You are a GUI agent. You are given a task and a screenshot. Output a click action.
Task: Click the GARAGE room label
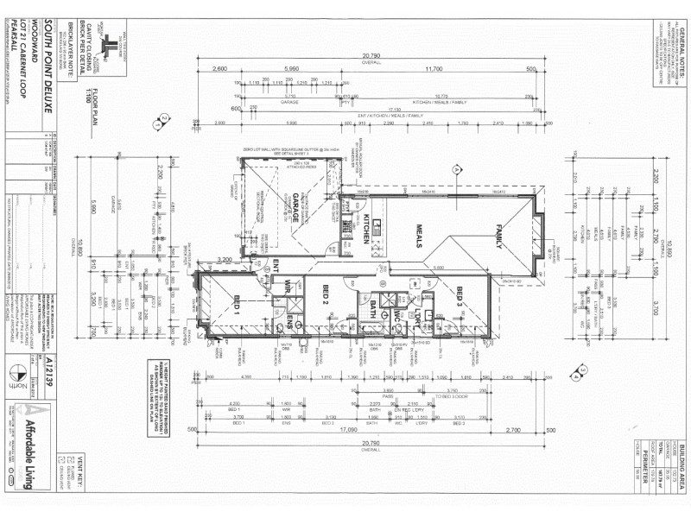tap(294, 210)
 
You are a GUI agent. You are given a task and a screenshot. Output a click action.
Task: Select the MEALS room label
tap(424, 234)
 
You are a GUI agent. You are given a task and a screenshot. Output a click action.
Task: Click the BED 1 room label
tap(234, 301)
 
